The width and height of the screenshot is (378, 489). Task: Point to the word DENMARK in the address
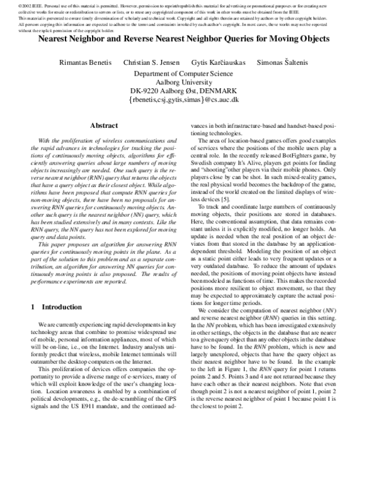tap(221, 91)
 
